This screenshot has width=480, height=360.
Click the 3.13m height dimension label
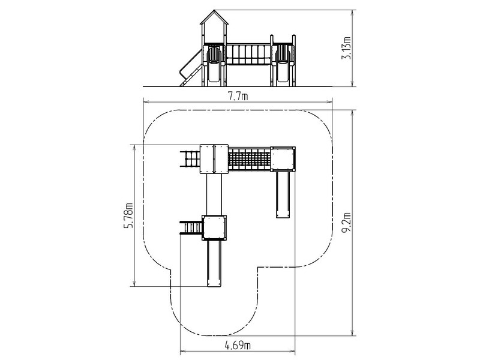pos(347,48)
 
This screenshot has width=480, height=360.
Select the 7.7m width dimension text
pos(238,97)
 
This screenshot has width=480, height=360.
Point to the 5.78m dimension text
pos(128,215)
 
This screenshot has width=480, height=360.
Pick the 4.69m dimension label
pos(238,346)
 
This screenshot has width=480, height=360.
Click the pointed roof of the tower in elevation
pos(214,17)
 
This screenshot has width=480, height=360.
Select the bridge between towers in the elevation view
pos(248,54)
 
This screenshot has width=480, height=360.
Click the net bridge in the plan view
pos(250,159)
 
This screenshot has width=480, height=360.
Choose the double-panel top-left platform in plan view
pos(214,159)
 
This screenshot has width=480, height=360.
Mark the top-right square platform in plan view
pos(283,159)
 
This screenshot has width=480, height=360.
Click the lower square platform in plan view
pos(214,228)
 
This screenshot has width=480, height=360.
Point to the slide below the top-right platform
pos(283,194)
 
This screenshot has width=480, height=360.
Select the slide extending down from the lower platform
pos(214,263)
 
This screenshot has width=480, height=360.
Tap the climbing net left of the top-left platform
pos(190,159)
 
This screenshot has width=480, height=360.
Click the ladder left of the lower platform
pos(191,228)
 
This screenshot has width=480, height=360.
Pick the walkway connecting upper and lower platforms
pos(214,194)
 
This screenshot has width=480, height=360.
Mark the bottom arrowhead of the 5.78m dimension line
pos(134,283)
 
